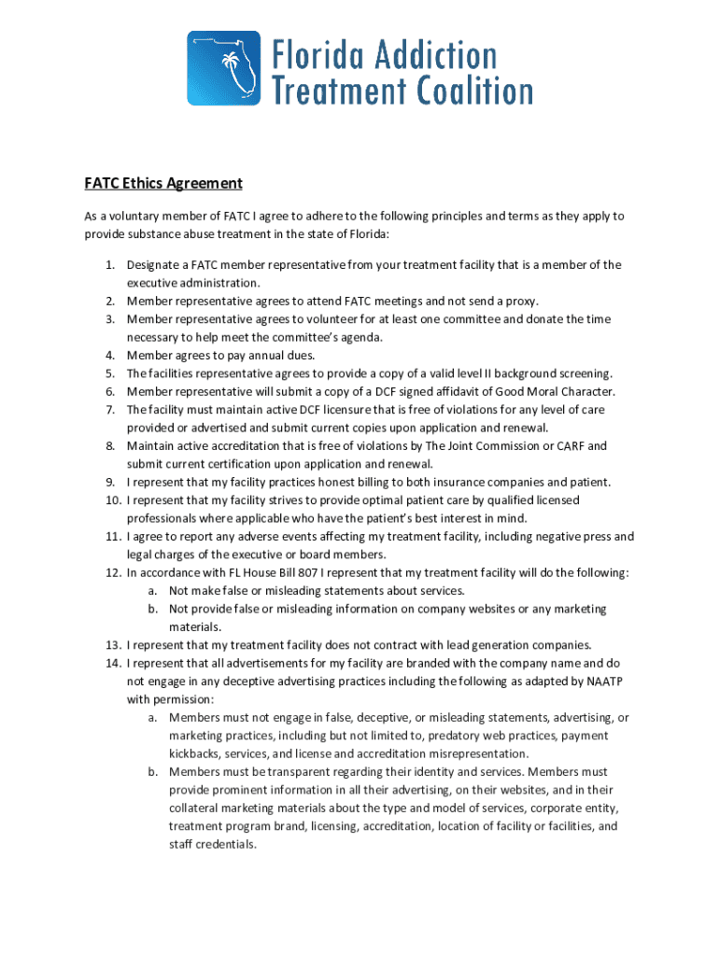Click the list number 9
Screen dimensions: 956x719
[109, 482]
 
